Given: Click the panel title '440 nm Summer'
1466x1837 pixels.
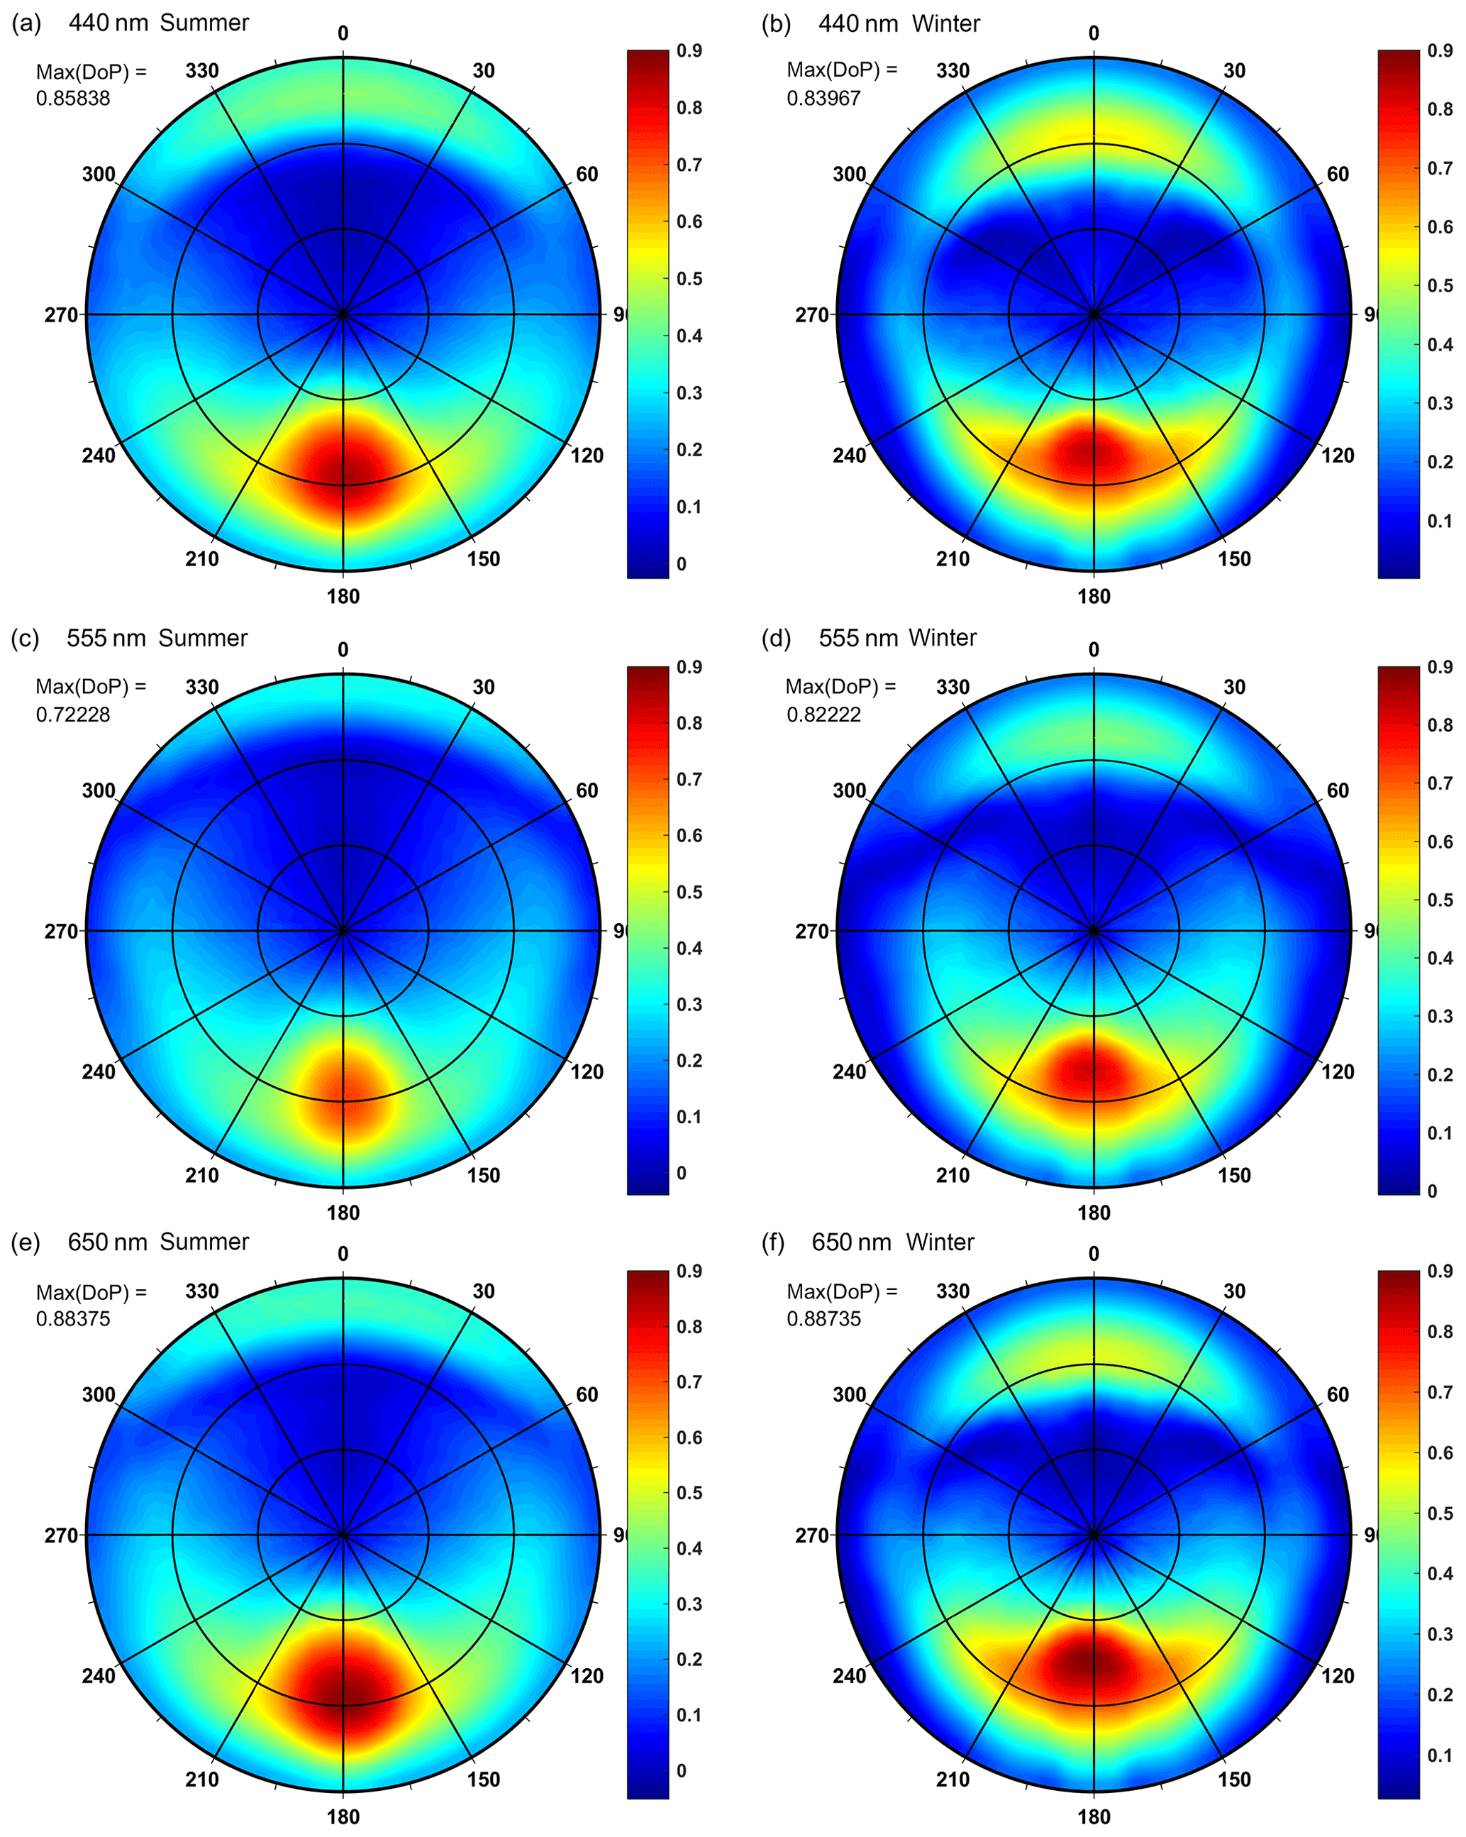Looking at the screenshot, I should click(x=158, y=23).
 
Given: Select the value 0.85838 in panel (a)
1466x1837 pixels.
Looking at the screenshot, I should click(x=72, y=99).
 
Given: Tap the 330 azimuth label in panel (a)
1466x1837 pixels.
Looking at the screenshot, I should click(x=202, y=72).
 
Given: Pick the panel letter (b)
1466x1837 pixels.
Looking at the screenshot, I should click(x=776, y=23).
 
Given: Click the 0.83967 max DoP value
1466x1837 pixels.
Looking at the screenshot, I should click(x=823, y=99).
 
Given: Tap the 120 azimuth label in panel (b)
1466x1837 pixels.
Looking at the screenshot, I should click(x=1338, y=456).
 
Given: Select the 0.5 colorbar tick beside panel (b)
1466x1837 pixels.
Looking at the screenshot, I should click(x=1440, y=285).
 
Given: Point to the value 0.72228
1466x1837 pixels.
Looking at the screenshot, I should click(x=72, y=715).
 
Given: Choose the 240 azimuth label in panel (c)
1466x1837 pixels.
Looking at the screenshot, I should click(x=99, y=1072).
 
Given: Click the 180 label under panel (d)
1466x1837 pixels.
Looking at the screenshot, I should click(x=1094, y=1213).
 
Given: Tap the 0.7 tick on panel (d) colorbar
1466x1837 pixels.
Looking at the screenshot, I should click(x=1440, y=783).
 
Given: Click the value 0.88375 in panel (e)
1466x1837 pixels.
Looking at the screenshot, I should click(x=72, y=1319).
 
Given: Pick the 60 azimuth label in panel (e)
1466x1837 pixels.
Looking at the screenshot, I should click(x=587, y=1395).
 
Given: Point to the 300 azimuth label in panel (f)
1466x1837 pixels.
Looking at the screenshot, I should click(x=849, y=1395).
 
